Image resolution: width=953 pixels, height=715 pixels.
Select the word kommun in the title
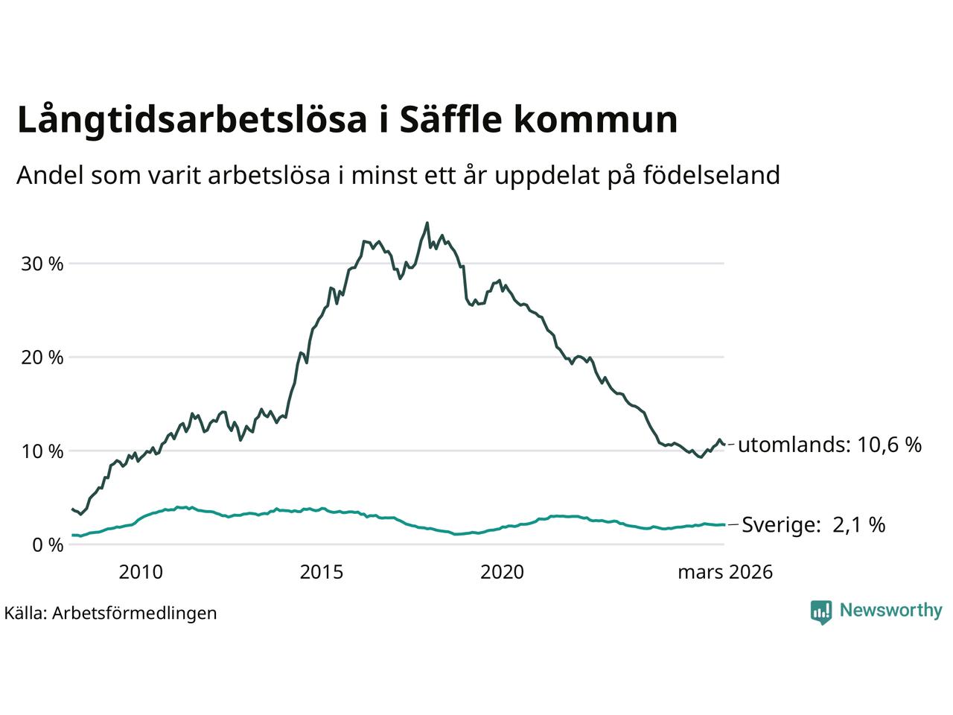click(596, 121)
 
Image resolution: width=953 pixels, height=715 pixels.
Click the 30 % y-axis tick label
click(45, 264)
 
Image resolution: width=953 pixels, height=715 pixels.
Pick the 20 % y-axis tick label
click(45, 357)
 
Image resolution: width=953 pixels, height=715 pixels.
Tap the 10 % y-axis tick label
click(45, 451)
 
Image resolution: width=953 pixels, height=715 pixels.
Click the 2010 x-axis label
click(141, 572)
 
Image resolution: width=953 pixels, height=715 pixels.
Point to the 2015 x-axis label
click(322, 572)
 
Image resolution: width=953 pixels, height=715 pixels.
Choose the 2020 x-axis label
click(503, 572)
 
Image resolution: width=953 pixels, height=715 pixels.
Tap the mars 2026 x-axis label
click(724, 572)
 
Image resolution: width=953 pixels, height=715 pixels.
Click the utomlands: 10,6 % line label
click(829, 445)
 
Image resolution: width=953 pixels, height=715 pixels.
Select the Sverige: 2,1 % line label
click(814, 525)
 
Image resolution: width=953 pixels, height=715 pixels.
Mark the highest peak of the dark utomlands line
click(427, 223)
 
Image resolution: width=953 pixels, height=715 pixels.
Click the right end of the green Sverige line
click(724, 524)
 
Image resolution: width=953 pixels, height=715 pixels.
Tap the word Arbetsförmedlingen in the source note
click(135, 613)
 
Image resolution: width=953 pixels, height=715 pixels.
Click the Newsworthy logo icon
click(821, 611)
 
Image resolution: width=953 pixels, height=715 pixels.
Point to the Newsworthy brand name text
click(890, 611)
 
